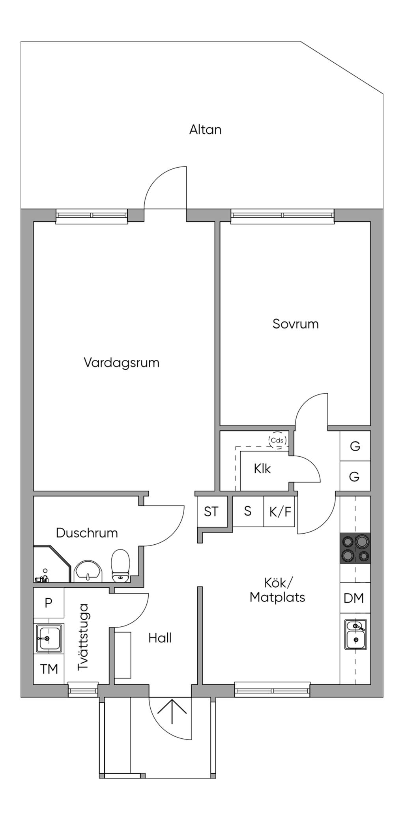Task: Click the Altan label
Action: coord(205,129)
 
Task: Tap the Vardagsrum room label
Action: coord(122,362)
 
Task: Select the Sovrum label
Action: coord(296,324)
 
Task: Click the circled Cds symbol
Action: coord(277,441)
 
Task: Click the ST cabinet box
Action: coord(211,512)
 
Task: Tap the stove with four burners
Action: coord(355,548)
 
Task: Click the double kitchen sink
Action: coord(355,635)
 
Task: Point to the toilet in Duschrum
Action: coord(120,566)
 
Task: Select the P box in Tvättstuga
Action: coord(49,603)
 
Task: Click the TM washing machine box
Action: coord(49,669)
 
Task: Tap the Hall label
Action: coord(160,638)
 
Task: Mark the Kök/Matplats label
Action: coord(277,590)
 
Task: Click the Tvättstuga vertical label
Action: coord(84,637)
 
